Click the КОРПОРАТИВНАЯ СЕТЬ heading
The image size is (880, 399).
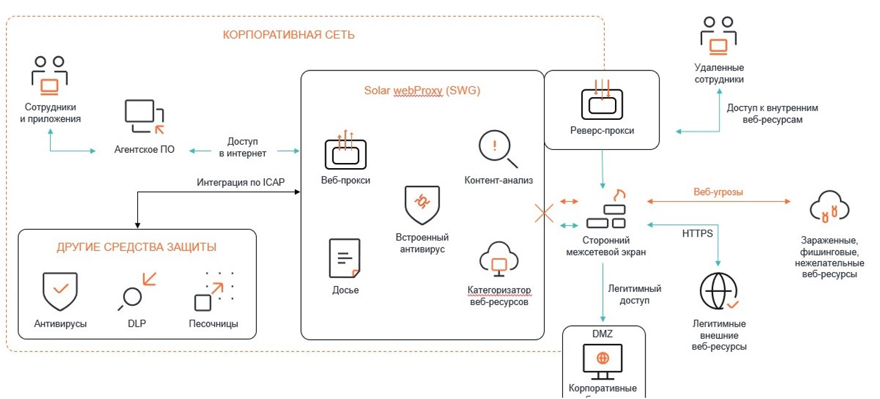pyautogui.click(x=288, y=35)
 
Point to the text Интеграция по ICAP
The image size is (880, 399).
pyautogui.click(x=241, y=183)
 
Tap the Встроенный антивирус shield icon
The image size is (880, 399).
pyautogui.click(x=422, y=205)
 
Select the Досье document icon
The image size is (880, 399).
pyautogui.click(x=345, y=258)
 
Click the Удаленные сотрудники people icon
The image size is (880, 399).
pyautogui.click(x=719, y=37)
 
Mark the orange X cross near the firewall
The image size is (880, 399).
pyautogui.click(x=544, y=213)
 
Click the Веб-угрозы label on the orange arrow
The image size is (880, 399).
pyautogui.click(x=718, y=192)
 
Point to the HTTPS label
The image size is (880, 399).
pyautogui.click(x=698, y=233)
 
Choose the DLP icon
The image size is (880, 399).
pyautogui.click(x=137, y=291)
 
